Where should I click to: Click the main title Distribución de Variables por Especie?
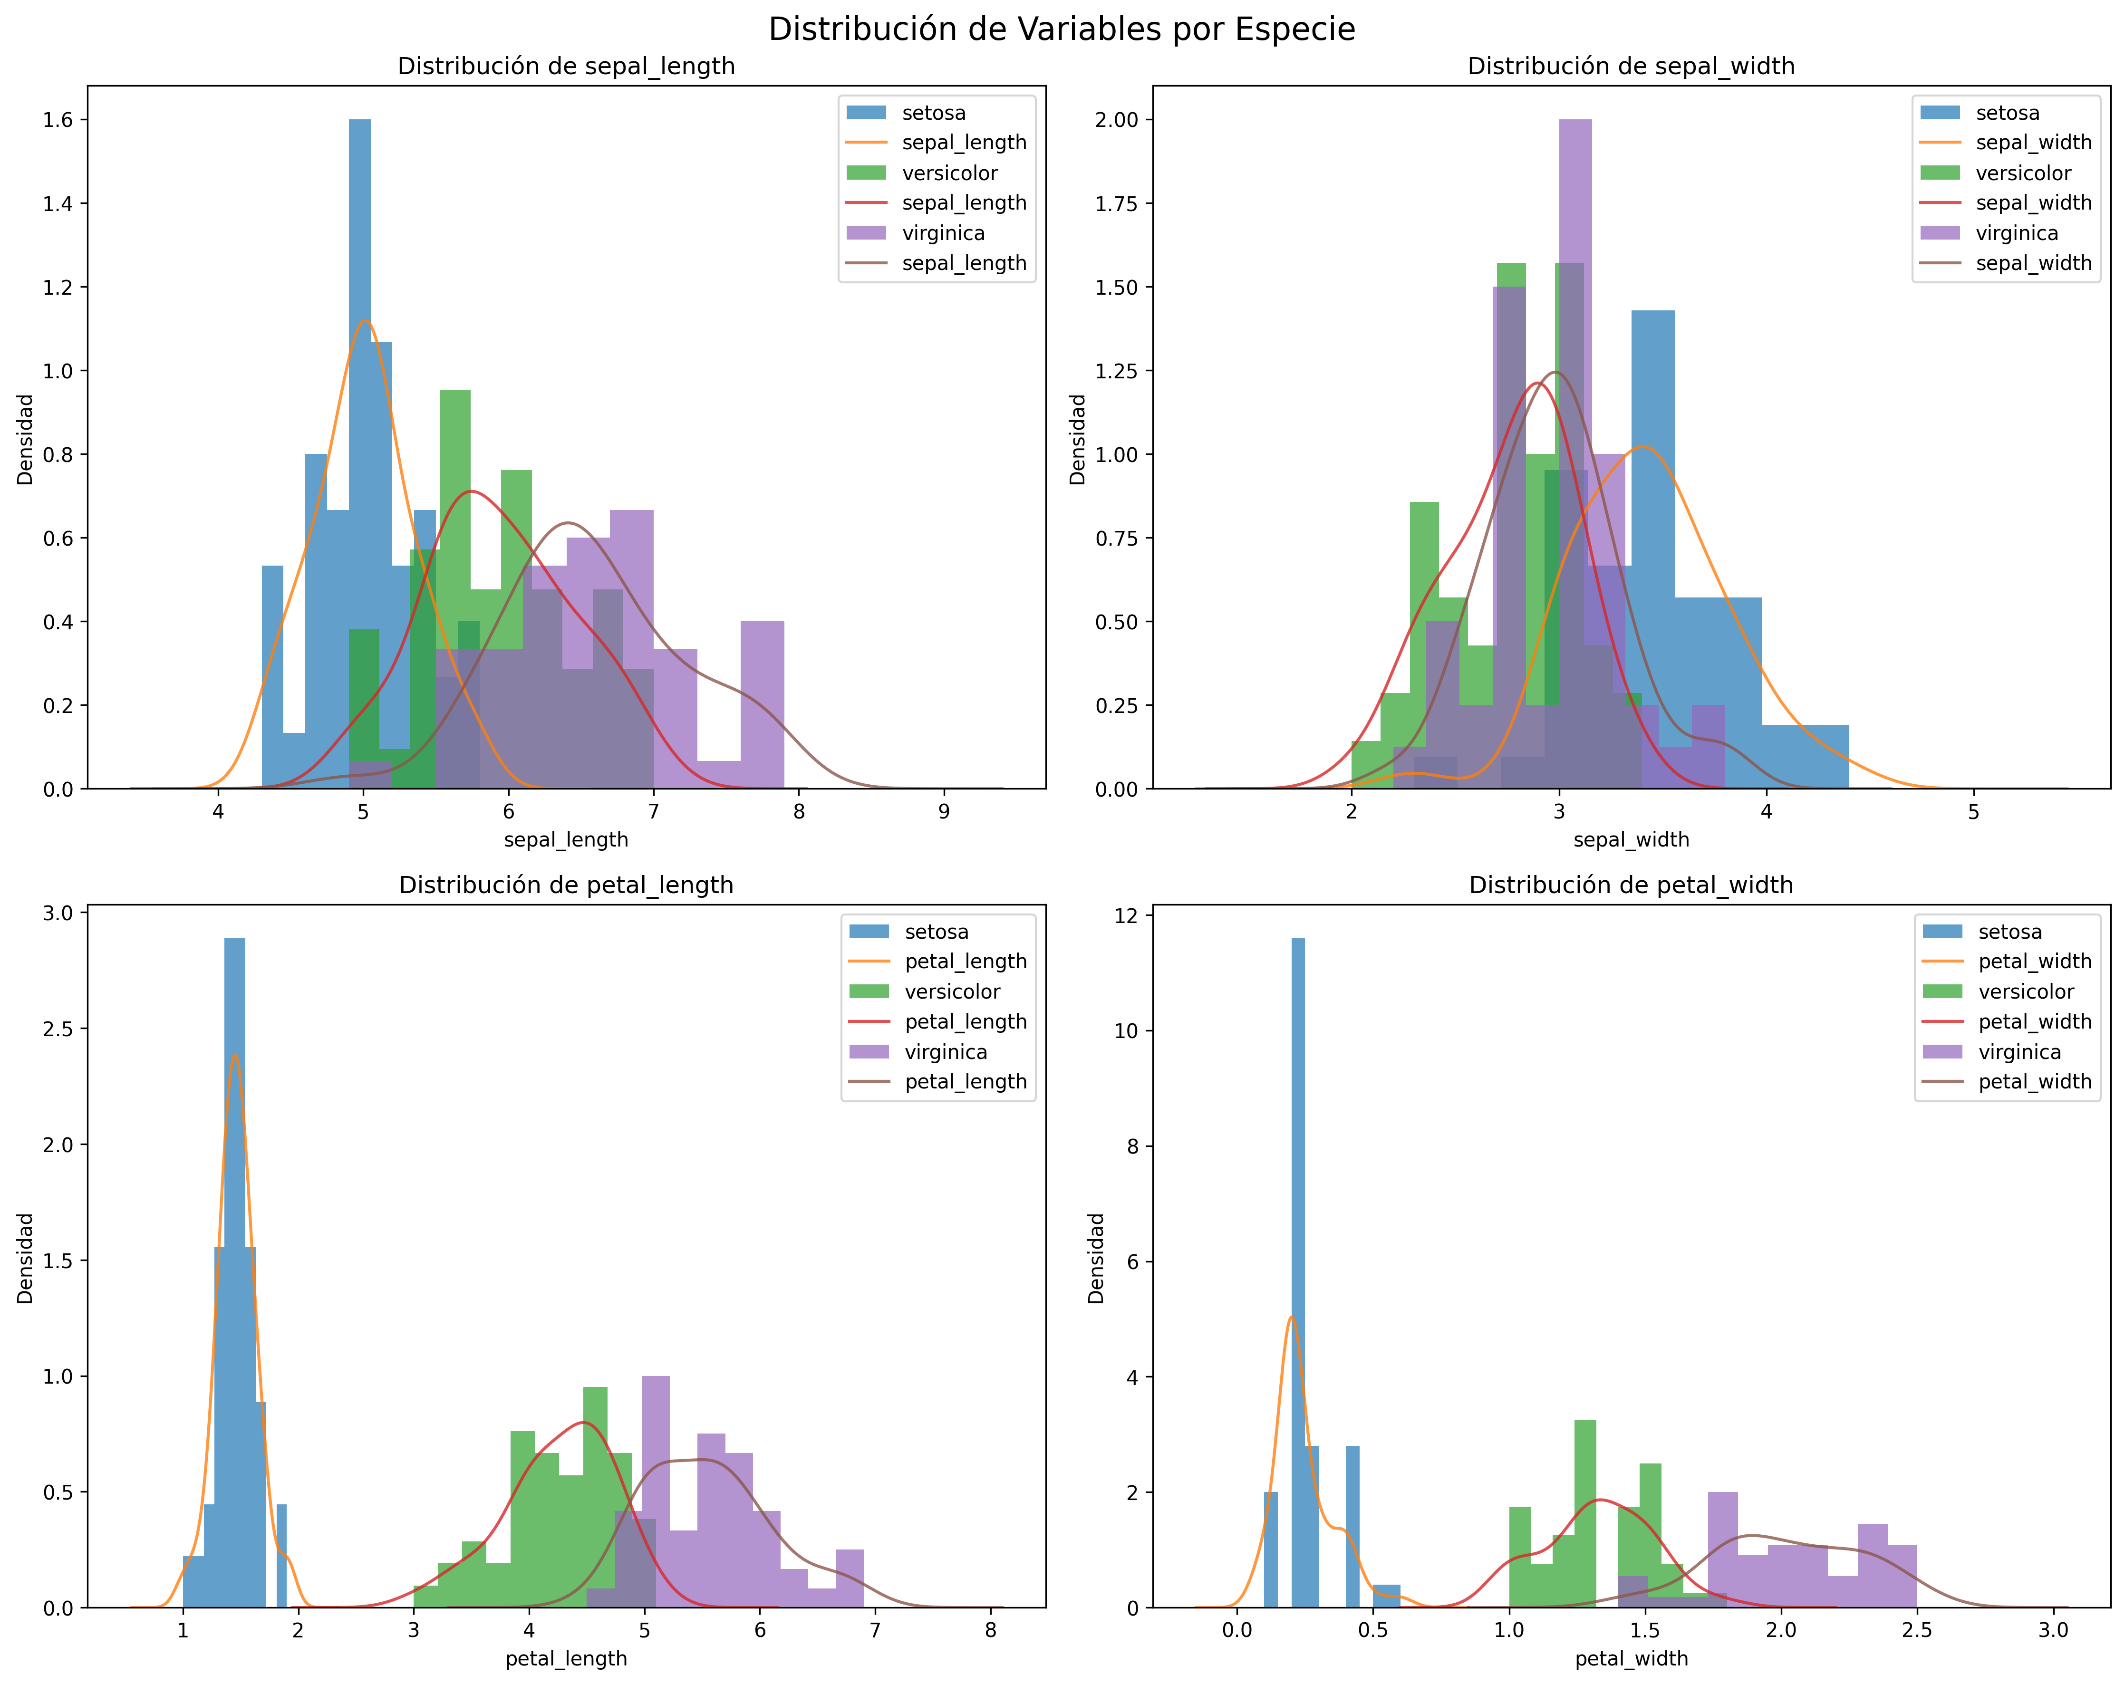pos(1062,29)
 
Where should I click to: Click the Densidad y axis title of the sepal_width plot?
pos(1077,440)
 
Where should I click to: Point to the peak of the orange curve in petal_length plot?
pos(234,1056)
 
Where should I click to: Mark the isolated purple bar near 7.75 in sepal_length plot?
pos(762,704)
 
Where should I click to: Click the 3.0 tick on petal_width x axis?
pos(2053,1631)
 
